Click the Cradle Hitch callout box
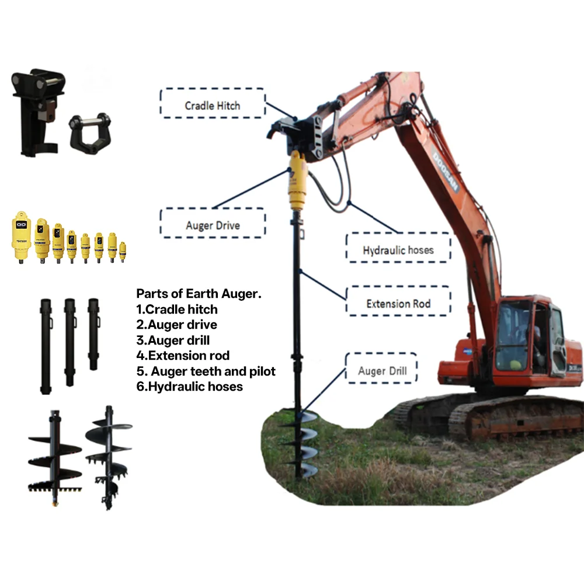(213, 105)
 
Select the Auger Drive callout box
(213, 225)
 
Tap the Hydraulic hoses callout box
(398, 250)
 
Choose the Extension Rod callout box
(398, 304)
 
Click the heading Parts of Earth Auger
(199, 294)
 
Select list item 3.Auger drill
(173, 340)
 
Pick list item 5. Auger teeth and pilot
(206, 371)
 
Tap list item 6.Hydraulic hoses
(189, 386)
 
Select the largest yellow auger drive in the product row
(22, 237)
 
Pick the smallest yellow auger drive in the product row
(123, 251)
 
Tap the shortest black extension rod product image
(93, 333)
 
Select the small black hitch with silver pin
(89, 133)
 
